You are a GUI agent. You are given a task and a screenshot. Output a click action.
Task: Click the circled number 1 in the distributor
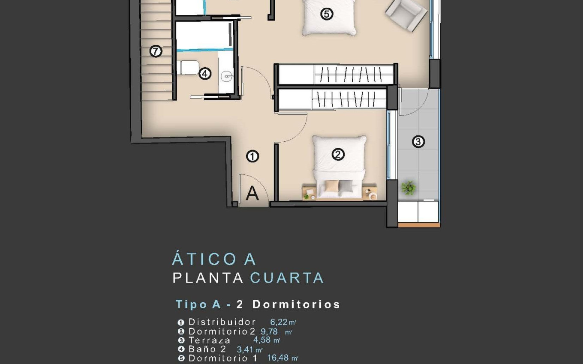[253, 156]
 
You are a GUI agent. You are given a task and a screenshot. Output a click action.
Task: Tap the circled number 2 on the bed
[338, 155]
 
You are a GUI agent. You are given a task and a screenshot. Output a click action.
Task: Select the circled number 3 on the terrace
[418, 141]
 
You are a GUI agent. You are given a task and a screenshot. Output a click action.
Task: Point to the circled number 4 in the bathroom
[205, 74]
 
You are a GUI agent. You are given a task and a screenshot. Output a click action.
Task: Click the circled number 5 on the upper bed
[327, 14]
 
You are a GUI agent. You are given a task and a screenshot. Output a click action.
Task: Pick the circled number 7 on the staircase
[156, 51]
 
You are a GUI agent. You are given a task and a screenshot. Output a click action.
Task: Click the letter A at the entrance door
[252, 194]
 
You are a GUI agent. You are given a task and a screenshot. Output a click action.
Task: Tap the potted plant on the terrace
[409, 188]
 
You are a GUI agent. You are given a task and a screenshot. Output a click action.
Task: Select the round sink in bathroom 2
[227, 77]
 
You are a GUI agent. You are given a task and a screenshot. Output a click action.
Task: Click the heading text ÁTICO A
[214, 260]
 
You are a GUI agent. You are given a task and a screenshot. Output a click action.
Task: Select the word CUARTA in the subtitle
[287, 278]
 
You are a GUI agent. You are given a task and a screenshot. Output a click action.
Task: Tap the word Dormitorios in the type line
[296, 304]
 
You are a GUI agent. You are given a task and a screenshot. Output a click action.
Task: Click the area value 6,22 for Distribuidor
[279, 322]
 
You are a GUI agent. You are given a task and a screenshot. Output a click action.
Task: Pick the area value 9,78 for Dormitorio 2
[269, 331]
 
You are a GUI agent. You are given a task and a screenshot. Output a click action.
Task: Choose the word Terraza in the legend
[210, 340]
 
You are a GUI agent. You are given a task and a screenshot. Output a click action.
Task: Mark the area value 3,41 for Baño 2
[245, 349]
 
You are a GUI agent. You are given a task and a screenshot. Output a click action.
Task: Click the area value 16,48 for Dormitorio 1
[278, 358]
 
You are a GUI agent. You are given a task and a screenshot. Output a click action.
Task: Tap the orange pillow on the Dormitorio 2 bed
[331, 185]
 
